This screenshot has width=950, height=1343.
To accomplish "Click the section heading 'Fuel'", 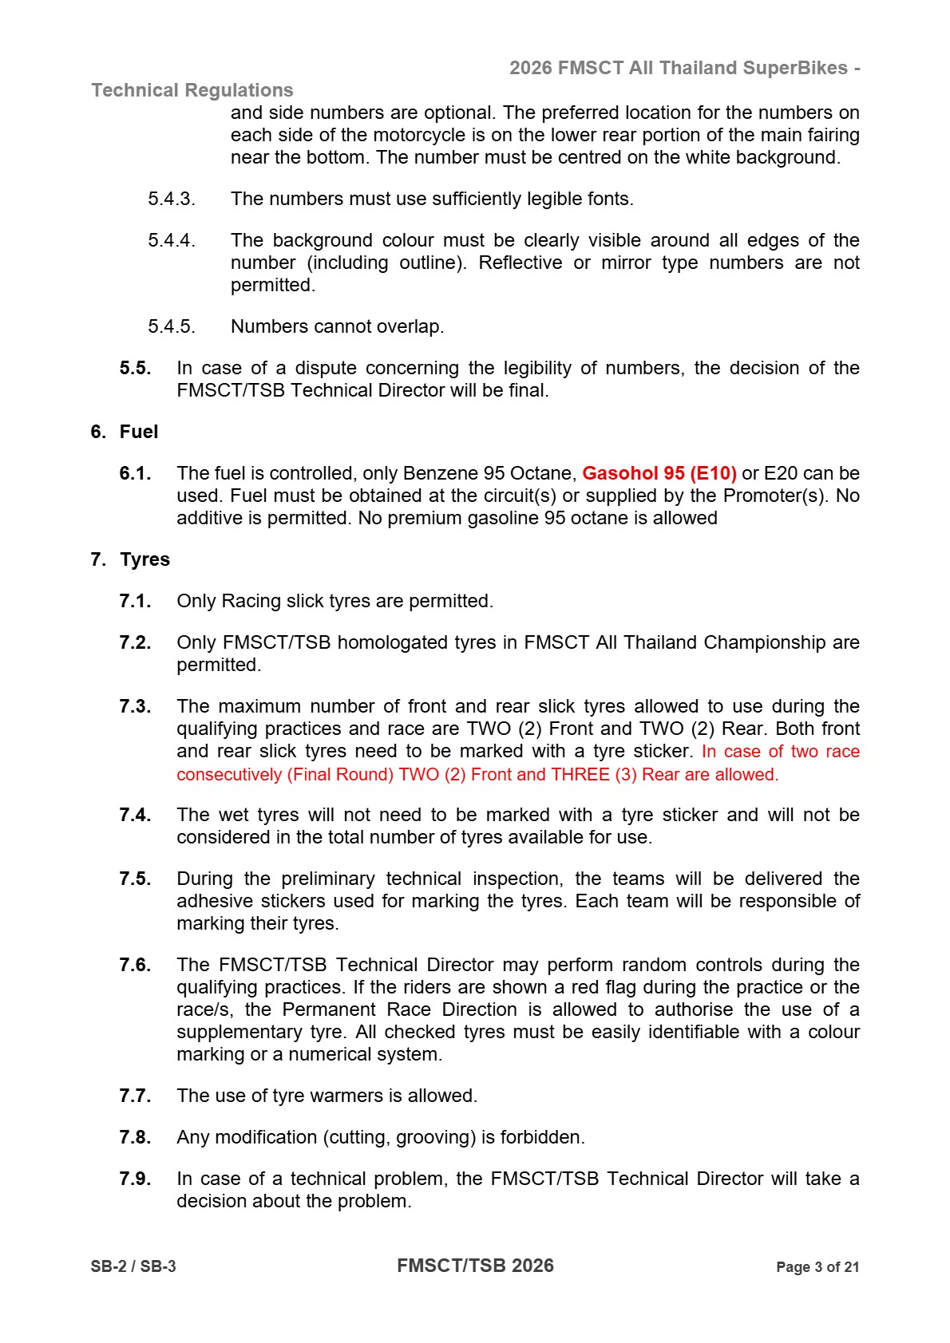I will point(139,432).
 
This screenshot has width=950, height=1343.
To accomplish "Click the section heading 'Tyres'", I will point(144,559).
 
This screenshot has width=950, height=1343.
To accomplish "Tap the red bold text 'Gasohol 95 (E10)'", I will point(659,473).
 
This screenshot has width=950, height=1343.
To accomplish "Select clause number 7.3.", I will point(135,706).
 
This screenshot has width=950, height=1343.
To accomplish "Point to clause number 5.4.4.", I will point(171,240).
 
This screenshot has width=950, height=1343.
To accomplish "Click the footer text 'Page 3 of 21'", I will point(817,1267).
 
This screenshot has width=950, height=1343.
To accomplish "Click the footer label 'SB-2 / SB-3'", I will point(133,1266).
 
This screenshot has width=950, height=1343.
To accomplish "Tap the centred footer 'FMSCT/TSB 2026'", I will point(475,1266).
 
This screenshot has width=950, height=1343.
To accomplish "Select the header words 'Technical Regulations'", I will point(192,90).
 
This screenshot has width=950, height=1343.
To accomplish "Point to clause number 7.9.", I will point(135,1179).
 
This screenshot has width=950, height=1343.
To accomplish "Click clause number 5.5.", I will point(135,368).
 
